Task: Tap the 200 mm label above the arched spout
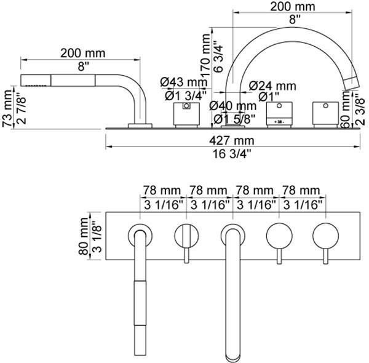(292, 7)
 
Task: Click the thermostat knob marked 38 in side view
(278, 115)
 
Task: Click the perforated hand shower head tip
(26, 80)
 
